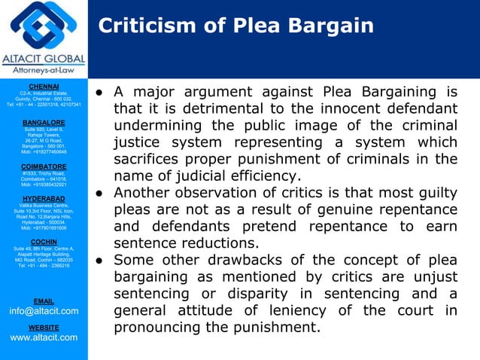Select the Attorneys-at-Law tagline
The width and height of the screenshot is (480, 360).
[44, 72]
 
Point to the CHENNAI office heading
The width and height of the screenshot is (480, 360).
[43, 87]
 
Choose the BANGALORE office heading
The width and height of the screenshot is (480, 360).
[43, 121]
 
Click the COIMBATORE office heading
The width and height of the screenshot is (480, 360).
[43, 166]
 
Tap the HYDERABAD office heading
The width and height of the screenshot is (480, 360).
[43, 199]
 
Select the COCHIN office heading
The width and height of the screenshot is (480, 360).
[43, 242]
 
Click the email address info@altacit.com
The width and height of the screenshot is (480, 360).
[43, 310]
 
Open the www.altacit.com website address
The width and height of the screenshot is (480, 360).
[43, 337]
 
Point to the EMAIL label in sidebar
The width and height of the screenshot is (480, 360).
[44, 301]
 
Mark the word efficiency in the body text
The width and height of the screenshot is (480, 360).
[269, 175]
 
